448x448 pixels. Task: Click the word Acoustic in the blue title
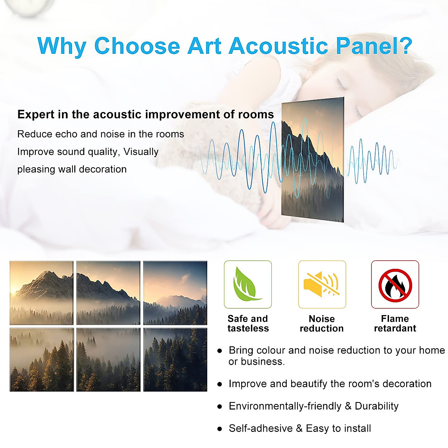(x=278, y=46)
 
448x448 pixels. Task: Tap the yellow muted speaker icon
(x=322, y=284)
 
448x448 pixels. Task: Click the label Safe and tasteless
(x=248, y=323)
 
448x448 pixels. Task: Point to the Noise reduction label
(x=322, y=323)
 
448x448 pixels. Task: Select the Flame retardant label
(x=395, y=323)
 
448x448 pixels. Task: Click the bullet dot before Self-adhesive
(x=220, y=429)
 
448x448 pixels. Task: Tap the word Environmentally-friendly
(x=285, y=406)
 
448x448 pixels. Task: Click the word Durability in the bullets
(x=377, y=406)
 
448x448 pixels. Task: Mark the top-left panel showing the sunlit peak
(x=41, y=293)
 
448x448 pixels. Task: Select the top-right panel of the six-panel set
(x=175, y=293)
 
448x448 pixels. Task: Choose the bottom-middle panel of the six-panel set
(x=108, y=360)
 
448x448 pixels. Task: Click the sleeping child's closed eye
(x=342, y=85)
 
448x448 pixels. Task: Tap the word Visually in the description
(x=141, y=152)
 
